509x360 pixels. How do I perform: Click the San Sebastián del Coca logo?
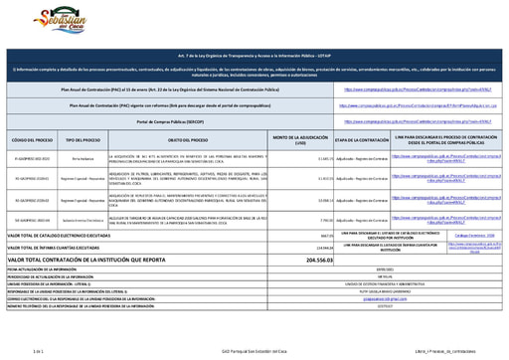point(44,21)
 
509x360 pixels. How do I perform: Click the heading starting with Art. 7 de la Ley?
point(254,61)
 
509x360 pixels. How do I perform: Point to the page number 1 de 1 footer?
point(40,352)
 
